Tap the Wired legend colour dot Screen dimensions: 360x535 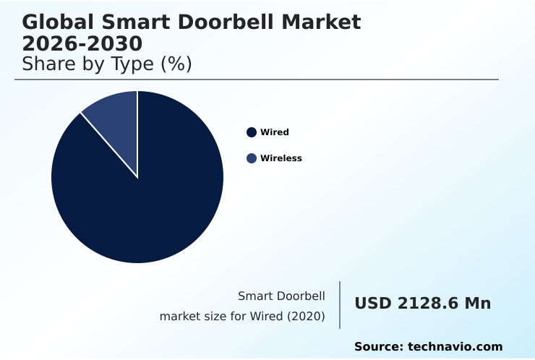pyautogui.click(x=252, y=132)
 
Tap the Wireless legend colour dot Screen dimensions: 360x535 pyautogui.click(x=252, y=158)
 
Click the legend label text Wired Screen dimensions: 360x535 pyautogui.click(x=275, y=132)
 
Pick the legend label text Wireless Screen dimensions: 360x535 pyautogui.click(x=281, y=158)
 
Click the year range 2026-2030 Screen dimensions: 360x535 pyautogui.click(x=82, y=43)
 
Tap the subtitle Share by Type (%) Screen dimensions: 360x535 pyautogui.click(x=107, y=64)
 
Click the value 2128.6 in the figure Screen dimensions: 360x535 pyautogui.click(x=428, y=304)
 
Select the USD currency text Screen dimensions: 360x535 pyautogui.click(x=373, y=304)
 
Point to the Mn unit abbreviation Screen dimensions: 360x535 pyautogui.click(x=478, y=304)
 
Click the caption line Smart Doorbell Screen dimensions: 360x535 pyautogui.click(x=281, y=296)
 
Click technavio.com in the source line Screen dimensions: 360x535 pyautogui.click(x=455, y=347)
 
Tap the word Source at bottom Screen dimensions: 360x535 pyautogui.click(x=377, y=347)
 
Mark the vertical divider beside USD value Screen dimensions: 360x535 pyautogui.click(x=340, y=305)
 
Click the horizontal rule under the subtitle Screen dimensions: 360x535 pyautogui.click(x=257, y=80)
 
